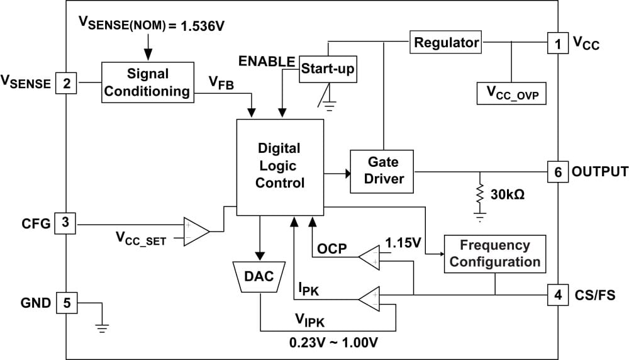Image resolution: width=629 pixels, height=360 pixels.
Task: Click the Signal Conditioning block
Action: pyautogui.click(x=147, y=82)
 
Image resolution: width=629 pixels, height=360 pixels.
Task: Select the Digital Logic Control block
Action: pyautogui.click(x=279, y=166)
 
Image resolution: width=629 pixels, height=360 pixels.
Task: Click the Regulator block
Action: pyautogui.click(x=445, y=43)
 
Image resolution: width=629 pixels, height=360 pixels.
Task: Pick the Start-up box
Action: pyautogui.click(x=326, y=69)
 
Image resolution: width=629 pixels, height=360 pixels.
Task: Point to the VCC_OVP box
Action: pyautogui.click(x=512, y=93)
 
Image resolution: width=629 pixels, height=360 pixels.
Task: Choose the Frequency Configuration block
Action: pyautogui.click(x=494, y=254)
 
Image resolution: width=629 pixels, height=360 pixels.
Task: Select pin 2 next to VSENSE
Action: pyautogui.click(x=66, y=82)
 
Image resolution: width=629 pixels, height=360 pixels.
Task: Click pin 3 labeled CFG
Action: pyautogui.click(x=66, y=223)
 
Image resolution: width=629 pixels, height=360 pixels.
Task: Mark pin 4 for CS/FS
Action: pyautogui.click(x=557, y=294)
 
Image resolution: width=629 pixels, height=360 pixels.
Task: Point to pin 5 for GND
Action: pyautogui.click(x=66, y=303)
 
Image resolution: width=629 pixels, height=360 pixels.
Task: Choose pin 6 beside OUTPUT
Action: pyautogui.click(x=557, y=171)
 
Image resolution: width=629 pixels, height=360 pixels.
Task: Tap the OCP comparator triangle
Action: pyautogui.click(x=369, y=256)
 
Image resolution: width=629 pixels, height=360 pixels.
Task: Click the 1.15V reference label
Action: pyautogui.click(x=403, y=242)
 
